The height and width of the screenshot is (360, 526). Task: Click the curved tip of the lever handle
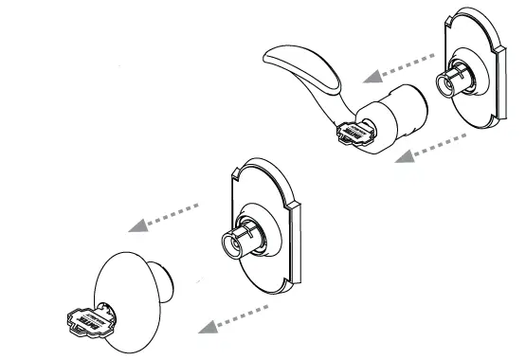270,57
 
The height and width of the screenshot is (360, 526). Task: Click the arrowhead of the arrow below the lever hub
400,157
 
